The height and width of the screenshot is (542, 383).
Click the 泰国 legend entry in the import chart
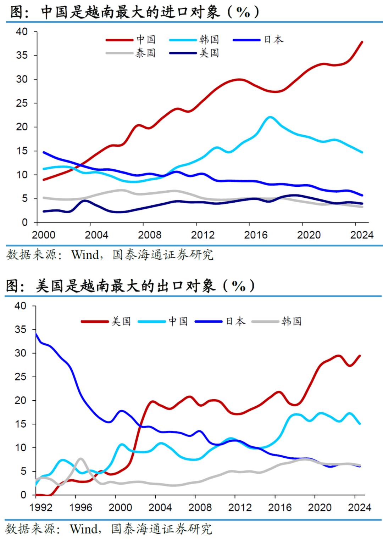coord(145,53)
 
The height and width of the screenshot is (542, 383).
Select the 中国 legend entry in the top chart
coord(146,40)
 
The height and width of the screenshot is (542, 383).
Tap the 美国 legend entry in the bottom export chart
coord(121,321)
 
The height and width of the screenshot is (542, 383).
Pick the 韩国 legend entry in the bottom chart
coord(292,321)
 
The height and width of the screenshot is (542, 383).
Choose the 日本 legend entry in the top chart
coord(273,40)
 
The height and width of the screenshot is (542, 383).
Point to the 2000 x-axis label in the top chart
coord(44,235)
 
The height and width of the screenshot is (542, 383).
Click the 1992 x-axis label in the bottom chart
coord(41,507)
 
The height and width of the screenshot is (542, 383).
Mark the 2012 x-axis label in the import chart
coord(202,235)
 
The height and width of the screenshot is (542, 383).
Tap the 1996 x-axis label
coord(81,507)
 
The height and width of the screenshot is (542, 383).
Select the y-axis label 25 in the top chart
coord(22,103)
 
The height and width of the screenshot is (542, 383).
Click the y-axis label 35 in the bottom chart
coord(20,329)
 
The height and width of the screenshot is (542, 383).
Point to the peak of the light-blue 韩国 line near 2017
coord(270,117)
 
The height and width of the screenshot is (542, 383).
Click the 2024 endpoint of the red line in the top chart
coord(362,42)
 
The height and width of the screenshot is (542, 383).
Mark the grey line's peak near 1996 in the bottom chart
coord(81,459)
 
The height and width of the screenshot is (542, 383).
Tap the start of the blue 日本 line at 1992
coord(36,333)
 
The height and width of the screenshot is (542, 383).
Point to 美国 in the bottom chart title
coord(50,286)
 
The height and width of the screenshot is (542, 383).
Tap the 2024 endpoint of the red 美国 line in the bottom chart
coord(360,356)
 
